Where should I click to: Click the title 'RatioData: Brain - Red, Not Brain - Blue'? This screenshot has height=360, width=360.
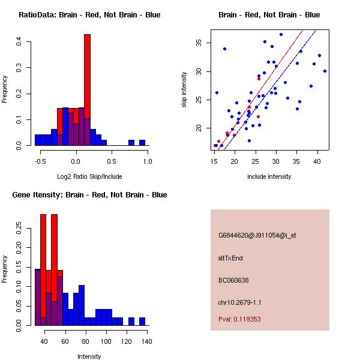click(x=89, y=15)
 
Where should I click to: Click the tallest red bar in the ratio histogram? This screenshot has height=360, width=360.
click(x=87, y=78)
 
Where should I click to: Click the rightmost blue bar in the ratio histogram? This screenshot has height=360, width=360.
click(x=142, y=143)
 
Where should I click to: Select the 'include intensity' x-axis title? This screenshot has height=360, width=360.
click(x=269, y=176)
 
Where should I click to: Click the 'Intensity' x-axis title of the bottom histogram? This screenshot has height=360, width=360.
click(x=89, y=356)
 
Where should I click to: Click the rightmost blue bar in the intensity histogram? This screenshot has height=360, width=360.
click(x=142, y=321)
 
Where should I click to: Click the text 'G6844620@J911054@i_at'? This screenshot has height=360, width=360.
click(x=257, y=235)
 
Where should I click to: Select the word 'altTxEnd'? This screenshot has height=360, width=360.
click(x=230, y=258)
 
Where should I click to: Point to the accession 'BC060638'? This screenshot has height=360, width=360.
click(x=233, y=280)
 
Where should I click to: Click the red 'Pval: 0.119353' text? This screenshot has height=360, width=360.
click(x=239, y=319)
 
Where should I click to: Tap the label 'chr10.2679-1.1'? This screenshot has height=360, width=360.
click(x=239, y=302)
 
